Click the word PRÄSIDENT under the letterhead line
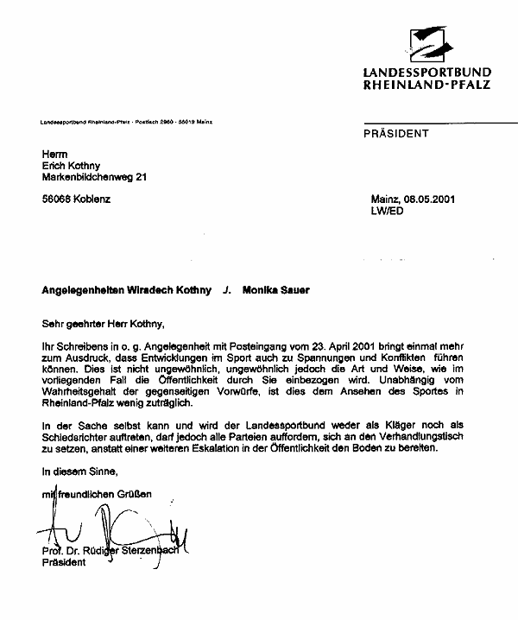[x=396, y=134]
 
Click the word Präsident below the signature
[x=64, y=564]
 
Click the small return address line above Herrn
[x=126, y=122]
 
